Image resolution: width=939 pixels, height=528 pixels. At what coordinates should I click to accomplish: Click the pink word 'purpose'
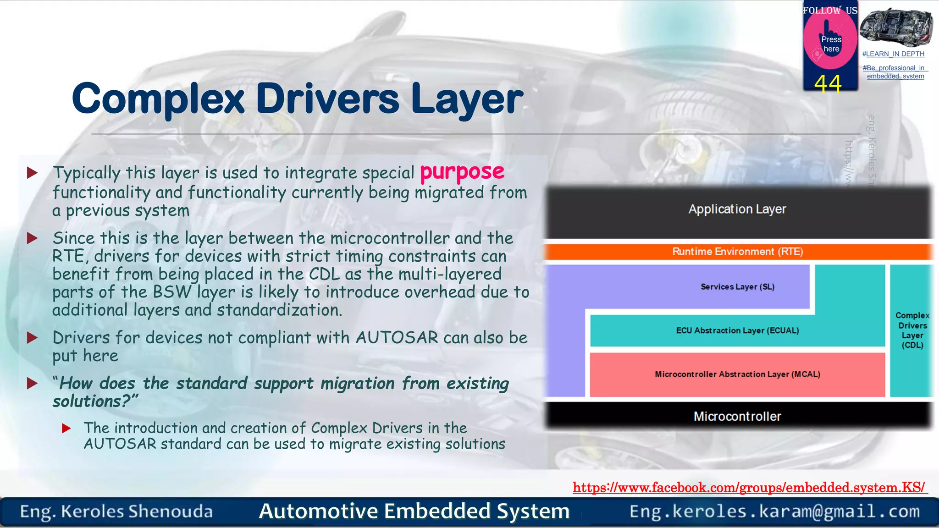(x=462, y=172)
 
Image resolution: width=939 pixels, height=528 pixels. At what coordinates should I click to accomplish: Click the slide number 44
(x=828, y=84)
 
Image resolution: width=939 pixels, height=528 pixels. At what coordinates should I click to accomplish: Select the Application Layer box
(x=737, y=209)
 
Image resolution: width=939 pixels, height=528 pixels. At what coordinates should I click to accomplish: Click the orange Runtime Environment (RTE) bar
(x=737, y=252)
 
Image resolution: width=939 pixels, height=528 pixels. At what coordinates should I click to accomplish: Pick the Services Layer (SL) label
(x=737, y=287)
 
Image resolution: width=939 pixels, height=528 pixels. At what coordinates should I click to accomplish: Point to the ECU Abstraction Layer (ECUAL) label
(x=737, y=330)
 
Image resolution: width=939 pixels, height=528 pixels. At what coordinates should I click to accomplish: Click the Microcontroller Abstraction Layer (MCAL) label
(x=737, y=374)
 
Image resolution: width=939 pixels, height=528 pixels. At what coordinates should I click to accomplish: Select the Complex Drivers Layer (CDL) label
(x=912, y=330)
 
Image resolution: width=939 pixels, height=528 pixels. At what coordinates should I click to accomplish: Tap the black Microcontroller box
(x=737, y=416)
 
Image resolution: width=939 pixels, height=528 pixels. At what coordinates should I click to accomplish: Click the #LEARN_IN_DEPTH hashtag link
(x=893, y=54)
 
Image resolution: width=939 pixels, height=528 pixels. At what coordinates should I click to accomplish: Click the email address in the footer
(x=774, y=511)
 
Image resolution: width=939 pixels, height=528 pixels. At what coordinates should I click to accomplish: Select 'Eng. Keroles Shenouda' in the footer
(x=116, y=511)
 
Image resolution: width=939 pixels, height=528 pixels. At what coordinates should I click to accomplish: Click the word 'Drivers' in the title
(x=327, y=99)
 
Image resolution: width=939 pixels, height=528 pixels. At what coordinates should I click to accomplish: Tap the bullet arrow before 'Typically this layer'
(x=32, y=173)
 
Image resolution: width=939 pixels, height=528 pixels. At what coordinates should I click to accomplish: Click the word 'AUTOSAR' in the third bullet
(x=397, y=338)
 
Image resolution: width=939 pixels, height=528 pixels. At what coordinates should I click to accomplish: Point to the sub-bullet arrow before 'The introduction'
(x=66, y=428)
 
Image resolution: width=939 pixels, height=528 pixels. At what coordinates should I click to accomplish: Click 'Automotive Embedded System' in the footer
(x=414, y=511)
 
